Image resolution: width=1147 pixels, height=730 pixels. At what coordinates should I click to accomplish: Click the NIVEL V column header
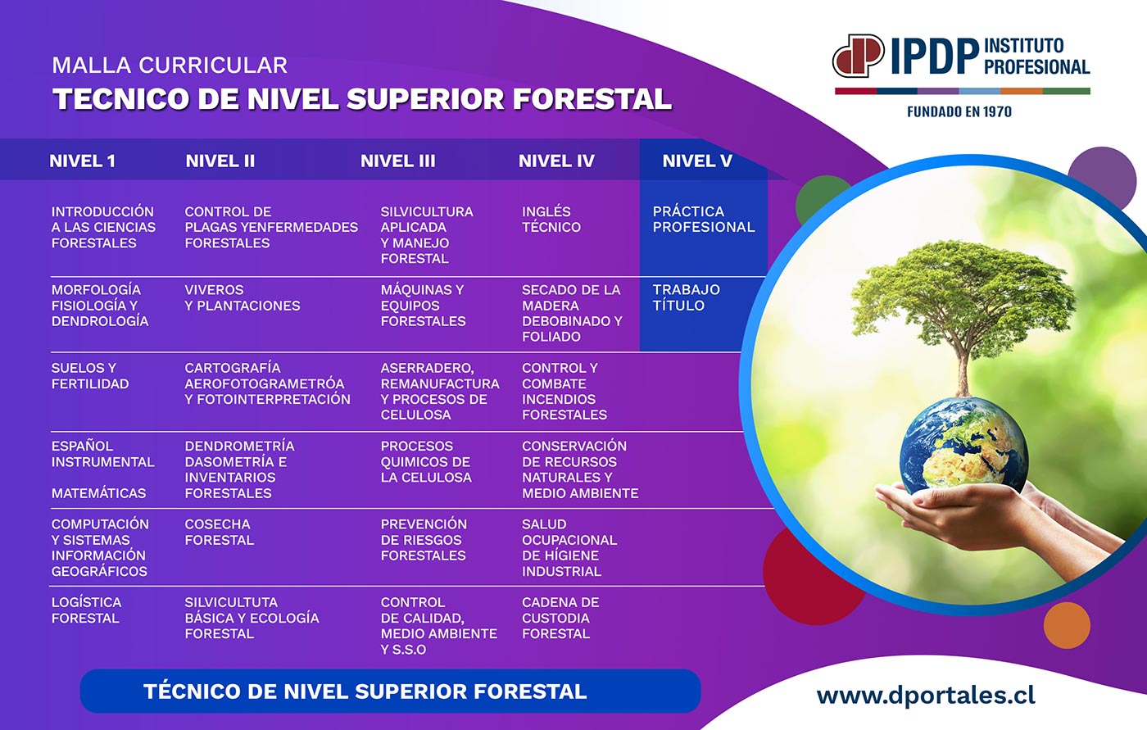(x=697, y=161)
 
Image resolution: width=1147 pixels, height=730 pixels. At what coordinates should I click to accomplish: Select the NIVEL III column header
(x=398, y=161)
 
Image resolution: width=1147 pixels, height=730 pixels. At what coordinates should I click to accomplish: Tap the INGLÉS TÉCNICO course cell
(x=551, y=219)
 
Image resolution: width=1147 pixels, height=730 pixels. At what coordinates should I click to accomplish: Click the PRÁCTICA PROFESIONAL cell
(x=704, y=219)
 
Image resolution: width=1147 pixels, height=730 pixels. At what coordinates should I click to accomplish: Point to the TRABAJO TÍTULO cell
(x=687, y=297)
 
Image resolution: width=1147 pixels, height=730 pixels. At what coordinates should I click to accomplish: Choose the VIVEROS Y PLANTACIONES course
(x=243, y=297)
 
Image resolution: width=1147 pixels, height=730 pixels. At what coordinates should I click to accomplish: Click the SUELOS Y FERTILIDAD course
(x=90, y=376)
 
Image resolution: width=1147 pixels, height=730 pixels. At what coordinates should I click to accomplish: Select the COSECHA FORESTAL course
(x=220, y=532)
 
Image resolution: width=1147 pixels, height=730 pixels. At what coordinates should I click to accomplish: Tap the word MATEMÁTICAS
(x=98, y=493)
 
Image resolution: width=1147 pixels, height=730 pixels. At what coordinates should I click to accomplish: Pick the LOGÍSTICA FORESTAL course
(x=86, y=610)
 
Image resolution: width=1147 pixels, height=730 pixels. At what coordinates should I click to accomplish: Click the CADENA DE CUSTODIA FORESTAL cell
(x=560, y=618)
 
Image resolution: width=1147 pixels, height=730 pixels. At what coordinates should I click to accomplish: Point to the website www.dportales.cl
(x=926, y=696)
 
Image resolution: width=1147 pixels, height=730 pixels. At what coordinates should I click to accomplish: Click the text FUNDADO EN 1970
(x=959, y=111)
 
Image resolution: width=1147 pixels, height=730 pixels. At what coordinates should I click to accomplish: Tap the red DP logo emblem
(x=858, y=56)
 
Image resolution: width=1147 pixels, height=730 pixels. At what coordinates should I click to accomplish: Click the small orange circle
(x=1067, y=625)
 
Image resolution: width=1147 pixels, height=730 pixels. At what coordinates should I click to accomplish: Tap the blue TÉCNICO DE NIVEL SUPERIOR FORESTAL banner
(x=390, y=691)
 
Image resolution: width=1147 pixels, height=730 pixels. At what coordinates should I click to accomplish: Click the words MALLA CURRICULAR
(x=170, y=65)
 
